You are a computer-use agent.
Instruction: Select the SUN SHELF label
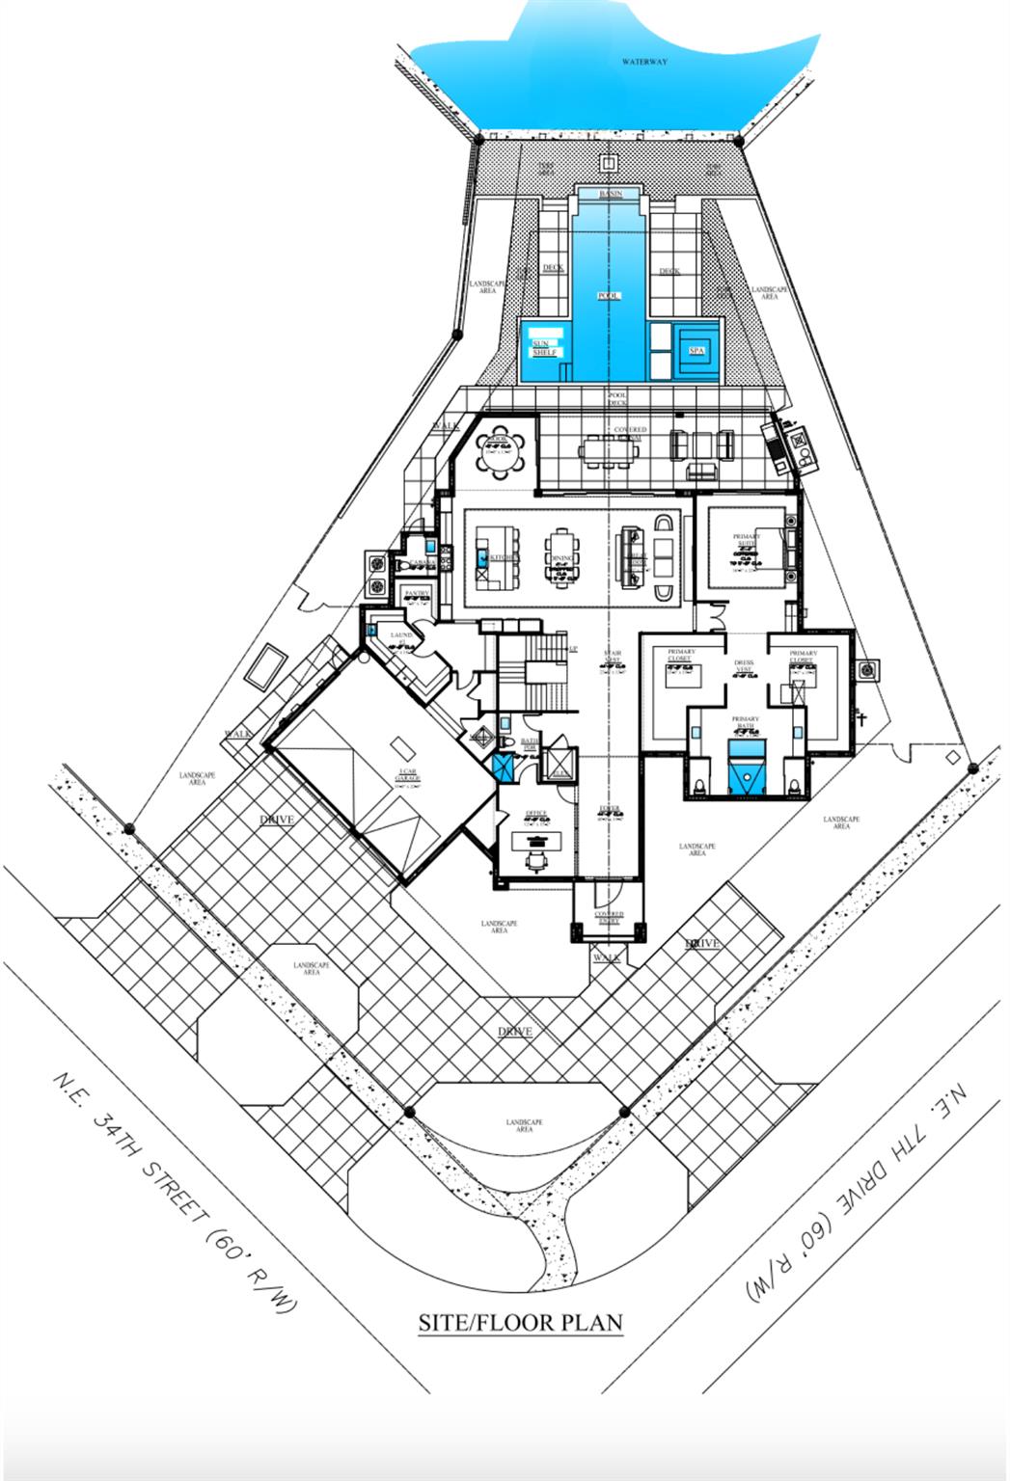click(x=545, y=348)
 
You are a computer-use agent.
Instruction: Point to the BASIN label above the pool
click(x=610, y=194)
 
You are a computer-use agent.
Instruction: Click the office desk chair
click(x=536, y=857)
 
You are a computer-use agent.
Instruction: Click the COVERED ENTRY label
click(x=609, y=917)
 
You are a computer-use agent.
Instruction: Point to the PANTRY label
click(x=417, y=594)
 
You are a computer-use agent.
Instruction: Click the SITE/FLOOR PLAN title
click(x=520, y=1322)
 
